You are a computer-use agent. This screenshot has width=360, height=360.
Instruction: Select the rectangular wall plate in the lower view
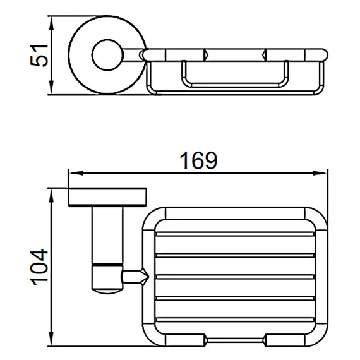coord(107,197)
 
